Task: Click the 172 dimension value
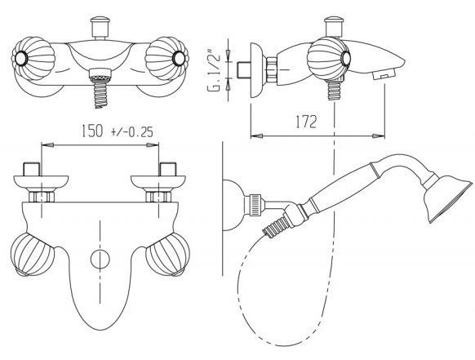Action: click(x=306, y=122)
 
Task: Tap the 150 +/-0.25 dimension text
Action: click(x=118, y=131)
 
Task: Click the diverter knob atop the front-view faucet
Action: click(x=100, y=28)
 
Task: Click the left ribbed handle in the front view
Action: click(x=33, y=58)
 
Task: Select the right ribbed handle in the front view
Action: click(x=166, y=58)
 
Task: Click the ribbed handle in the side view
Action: click(x=329, y=59)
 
